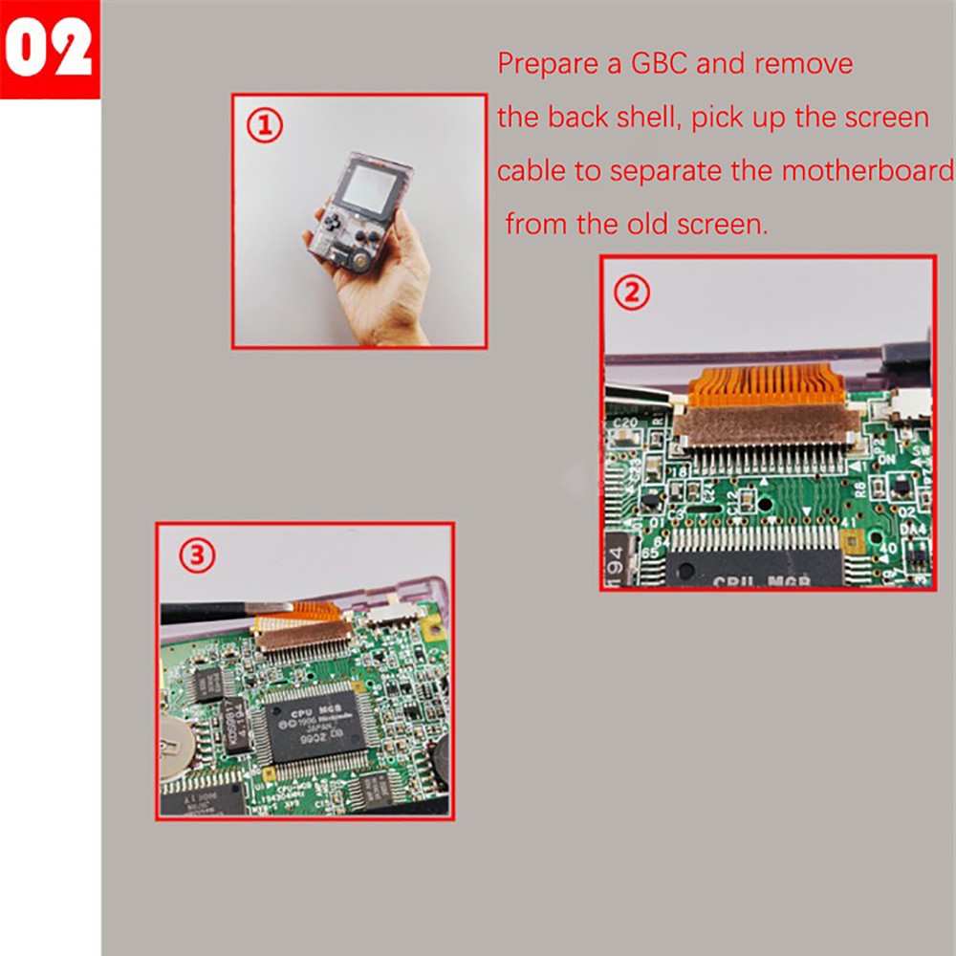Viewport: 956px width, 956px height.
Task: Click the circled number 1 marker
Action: pyautogui.click(x=266, y=125)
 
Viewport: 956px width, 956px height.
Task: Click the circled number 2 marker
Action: pyautogui.click(x=631, y=293)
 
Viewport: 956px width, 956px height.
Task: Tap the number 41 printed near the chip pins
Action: pyautogui.click(x=845, y=521)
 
